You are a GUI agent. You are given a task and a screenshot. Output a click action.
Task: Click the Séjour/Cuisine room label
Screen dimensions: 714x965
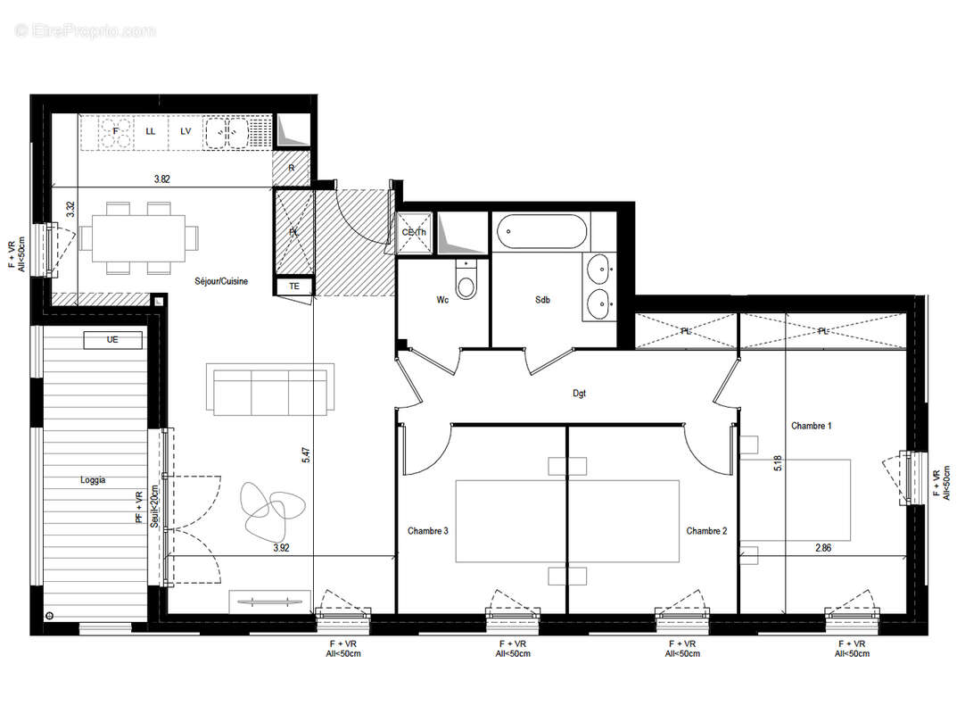pos(221,281)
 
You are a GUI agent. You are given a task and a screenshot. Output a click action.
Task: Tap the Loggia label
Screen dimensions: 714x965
pos(92,479)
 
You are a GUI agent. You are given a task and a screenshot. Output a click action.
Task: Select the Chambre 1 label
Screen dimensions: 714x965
pos(811,426)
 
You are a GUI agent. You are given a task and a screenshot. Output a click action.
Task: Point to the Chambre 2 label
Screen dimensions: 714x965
pos(706,530)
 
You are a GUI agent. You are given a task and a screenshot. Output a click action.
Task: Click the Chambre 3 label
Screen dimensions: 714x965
pos(427,530)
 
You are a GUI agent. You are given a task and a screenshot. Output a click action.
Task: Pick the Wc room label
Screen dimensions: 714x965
pos(442,300)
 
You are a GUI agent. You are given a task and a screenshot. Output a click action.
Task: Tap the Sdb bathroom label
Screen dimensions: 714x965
pos(542,300)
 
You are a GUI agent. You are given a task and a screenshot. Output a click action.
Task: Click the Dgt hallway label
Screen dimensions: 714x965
pos(580,393)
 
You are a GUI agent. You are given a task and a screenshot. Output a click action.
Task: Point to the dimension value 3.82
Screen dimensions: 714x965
pos(161,179)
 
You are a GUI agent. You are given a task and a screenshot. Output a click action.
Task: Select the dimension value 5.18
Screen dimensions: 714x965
pos(778,464)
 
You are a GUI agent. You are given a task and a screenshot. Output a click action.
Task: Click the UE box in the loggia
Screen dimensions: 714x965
pos(112,339)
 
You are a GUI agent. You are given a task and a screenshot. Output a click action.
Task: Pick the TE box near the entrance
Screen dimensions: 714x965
pos(293,286)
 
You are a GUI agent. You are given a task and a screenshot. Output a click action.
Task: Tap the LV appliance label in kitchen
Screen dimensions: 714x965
pos(186,131)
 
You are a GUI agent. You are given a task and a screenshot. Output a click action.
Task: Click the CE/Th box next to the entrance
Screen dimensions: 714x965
pos(413,233)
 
